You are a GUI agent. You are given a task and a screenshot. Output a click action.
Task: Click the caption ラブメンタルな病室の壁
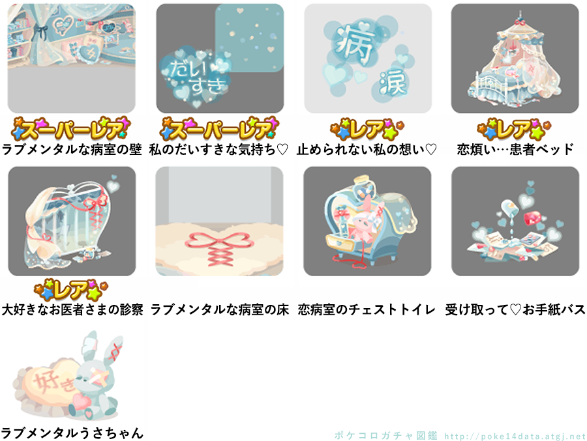[72, 150]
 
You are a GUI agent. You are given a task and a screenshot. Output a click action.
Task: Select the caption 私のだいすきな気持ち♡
[218, 150]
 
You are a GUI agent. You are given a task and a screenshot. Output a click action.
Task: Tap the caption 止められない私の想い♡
[367, 150]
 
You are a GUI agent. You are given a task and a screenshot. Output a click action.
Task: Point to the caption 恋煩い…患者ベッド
[515, 150]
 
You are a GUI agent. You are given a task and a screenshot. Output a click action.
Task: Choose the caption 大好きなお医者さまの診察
[72, 309]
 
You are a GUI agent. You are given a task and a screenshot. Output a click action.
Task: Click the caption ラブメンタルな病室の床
[219, 309]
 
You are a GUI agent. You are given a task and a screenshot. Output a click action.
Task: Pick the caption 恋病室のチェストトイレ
[367, 309]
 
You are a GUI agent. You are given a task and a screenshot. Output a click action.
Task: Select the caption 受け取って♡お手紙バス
[515, 309]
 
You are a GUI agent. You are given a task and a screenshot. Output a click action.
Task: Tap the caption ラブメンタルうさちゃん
[72, 433]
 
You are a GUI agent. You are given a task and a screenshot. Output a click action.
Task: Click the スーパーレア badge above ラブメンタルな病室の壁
[70, 129]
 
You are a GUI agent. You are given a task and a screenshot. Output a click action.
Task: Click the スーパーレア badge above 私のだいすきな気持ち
[219, 129]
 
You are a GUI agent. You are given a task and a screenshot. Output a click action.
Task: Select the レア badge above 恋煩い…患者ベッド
[515, 130]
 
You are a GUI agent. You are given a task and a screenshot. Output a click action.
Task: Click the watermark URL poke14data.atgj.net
[515, 436]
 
